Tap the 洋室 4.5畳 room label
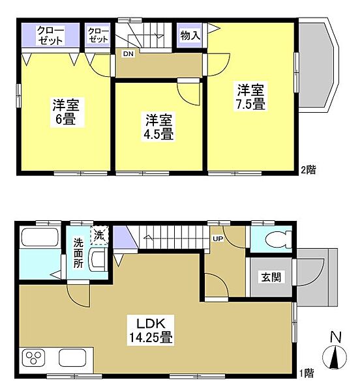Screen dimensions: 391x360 (x=158, y=126)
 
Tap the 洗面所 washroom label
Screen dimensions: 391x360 (x=78, y=252)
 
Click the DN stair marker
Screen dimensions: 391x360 (x=128, y=54)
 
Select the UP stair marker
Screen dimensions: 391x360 (x=217, y=239)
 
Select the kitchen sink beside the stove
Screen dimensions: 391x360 (x=74, y=359)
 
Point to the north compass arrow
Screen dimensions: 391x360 (x=336, y=358)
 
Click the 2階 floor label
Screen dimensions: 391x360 (x=308, y=170)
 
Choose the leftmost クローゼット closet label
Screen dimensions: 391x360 (x=50, y=35)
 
